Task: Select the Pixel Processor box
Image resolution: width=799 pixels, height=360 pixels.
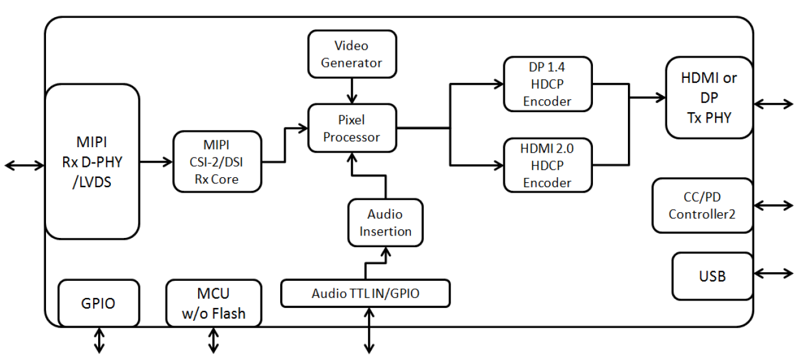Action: coord(352,128)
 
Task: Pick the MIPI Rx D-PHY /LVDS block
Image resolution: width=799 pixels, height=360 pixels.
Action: coord(93,161)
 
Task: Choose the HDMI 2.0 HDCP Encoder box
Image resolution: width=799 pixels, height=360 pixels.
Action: coord(548,164)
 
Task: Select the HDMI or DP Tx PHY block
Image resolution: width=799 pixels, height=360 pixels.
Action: coord(709,98)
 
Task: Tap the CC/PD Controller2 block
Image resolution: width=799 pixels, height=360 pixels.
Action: coord(702,205)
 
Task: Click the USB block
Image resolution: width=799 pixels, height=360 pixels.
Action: coord(712,277)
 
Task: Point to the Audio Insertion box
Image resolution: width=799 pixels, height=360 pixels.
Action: coord(385,223)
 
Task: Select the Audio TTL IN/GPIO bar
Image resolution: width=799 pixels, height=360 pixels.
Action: coord(365,293)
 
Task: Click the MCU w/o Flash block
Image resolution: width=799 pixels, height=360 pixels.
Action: coord(213,304)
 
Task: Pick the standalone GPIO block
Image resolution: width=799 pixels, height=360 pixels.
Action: coord(99,304)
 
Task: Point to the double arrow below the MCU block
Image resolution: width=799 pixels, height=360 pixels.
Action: coord(213,339)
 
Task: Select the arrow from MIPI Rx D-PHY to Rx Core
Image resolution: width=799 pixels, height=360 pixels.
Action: coord(156,162)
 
